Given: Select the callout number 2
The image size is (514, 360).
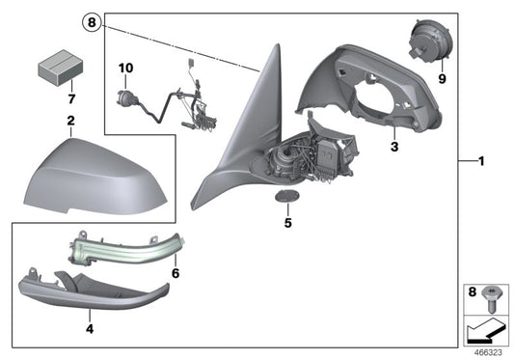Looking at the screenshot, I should tap(70, 121).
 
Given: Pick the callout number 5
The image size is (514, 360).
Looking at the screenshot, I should tap(286, 221).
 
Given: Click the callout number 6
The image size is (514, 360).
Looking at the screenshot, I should tap(175, 273).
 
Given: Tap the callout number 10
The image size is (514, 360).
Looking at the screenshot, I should tap(122, 68).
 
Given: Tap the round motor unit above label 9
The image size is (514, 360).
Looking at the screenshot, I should tap(425, 43).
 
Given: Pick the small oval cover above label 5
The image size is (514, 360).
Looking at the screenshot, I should tap(285, 197).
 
